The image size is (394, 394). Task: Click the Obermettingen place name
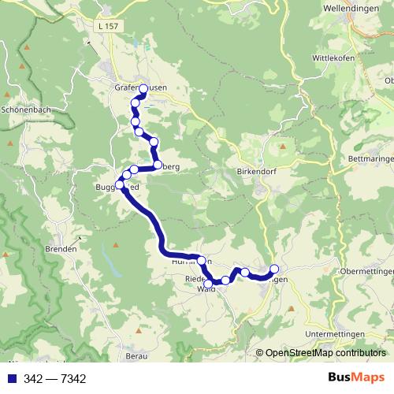(366, 271)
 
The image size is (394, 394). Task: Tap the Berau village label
(137, 355)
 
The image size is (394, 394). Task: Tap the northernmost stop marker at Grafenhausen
(143, 88)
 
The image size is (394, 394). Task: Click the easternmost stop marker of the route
(274, 269)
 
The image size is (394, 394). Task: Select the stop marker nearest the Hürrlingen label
(201, 261)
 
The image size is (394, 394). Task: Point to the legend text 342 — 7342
(54, 379)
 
